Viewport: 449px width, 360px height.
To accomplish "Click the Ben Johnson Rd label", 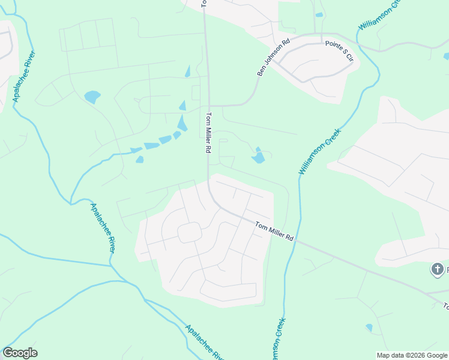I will pyautogui.click(x=274, y=58).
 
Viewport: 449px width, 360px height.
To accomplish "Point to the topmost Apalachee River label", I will pyautogui.click(x=24, y=76).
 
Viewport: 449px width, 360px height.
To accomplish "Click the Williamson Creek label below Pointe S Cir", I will pyautogui.click(x=319, y=152).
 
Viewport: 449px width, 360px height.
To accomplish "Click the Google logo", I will pyautogui.click(x=20, y=353).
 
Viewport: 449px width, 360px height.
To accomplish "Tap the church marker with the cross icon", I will pyautogui.click(x=438, y=269).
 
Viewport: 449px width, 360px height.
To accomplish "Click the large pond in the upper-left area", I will pyautogui.click(x=92, y=96).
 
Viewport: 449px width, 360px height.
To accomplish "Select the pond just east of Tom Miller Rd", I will pyautogui.click(x=258, y=157).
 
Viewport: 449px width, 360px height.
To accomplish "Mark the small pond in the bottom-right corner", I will pyautogui.click(x=369, y=328).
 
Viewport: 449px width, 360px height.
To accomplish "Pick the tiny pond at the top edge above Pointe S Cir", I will pyautogui.click(x=319, y=14).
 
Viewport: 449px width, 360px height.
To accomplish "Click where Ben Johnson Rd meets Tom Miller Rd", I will pyautogui.click(x=209, y=106).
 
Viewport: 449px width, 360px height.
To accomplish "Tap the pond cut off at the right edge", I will pyautogui.click(x=446, y=56).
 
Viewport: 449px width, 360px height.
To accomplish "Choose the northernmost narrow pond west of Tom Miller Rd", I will pyautogui.click(x=188, y=71).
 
